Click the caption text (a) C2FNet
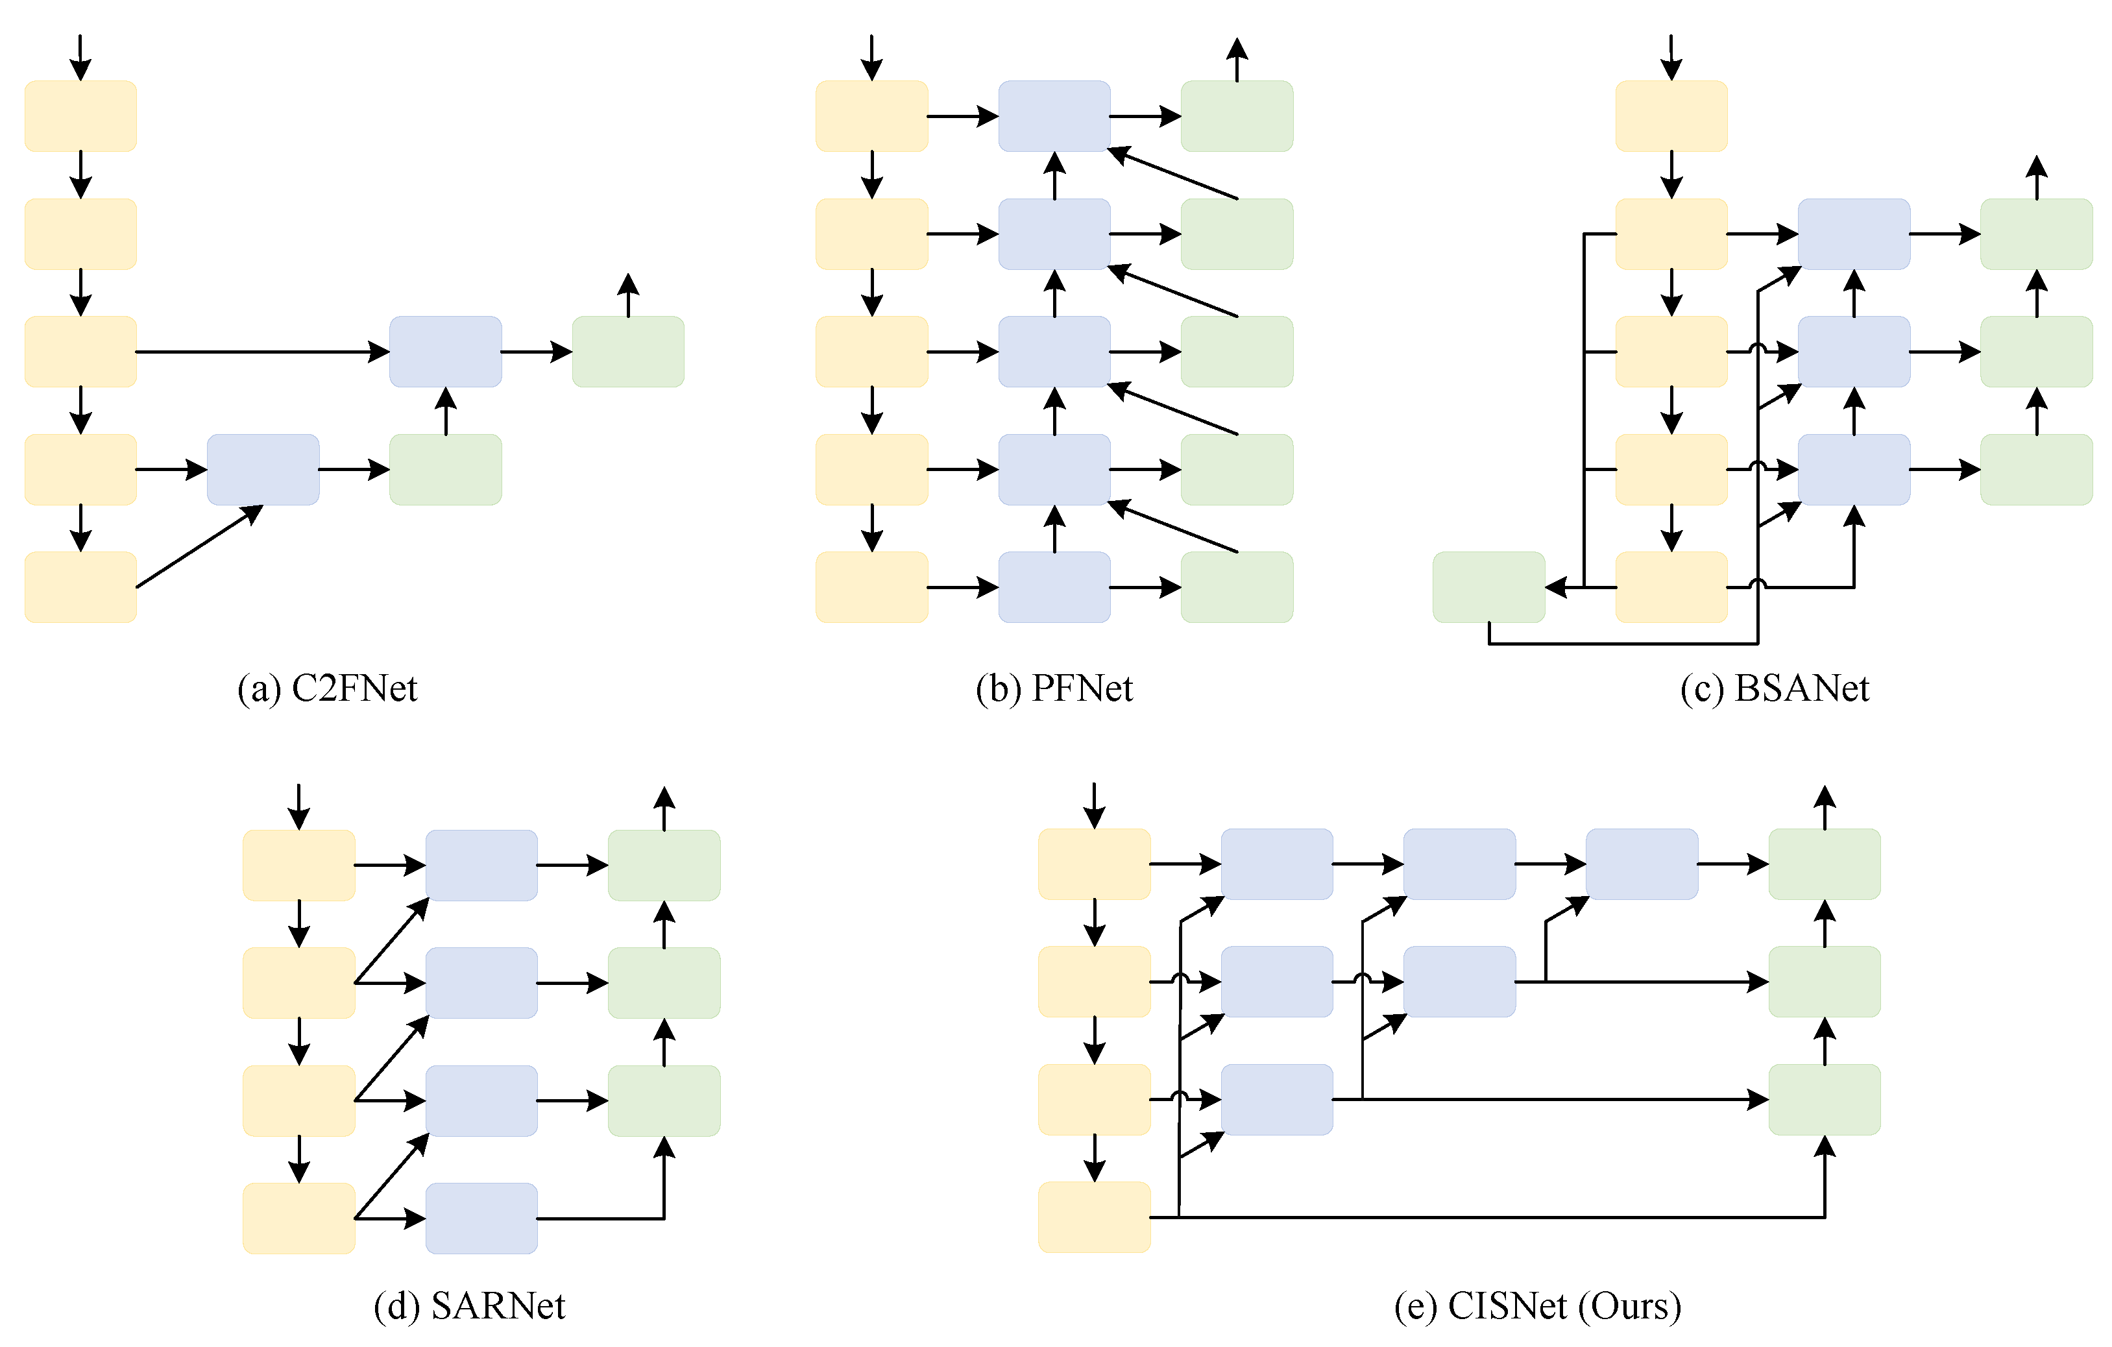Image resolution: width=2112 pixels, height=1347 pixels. [x=327, y=689]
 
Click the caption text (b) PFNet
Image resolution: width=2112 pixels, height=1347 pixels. [x=1054, y=689]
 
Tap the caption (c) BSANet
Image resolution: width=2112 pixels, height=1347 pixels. [x=1775, y=689]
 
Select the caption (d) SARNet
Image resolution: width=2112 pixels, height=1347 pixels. [x=469, y=1307]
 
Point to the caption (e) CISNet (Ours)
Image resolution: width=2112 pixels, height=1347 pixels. [x=1536, y=1307]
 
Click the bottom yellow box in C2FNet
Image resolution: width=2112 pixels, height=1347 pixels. [x=80, y=588]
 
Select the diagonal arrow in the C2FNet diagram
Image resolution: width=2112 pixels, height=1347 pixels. [x=199, y=546]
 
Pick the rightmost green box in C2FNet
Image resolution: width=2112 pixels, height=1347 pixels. [x=628, y=352]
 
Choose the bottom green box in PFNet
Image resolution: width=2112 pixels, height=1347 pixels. [x=1237, y=588]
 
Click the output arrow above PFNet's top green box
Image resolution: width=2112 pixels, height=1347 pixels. [x=1237, y=60]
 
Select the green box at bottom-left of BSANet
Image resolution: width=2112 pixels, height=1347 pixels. [x=1488, y=588]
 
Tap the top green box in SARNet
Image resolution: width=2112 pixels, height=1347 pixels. [x=664, y=866]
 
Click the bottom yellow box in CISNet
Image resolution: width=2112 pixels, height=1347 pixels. [x=1094, y=1217]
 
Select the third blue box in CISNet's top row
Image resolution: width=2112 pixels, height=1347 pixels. [x=1642, y=864]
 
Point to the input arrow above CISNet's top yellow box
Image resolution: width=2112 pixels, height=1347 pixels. [x=1094, y=805]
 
